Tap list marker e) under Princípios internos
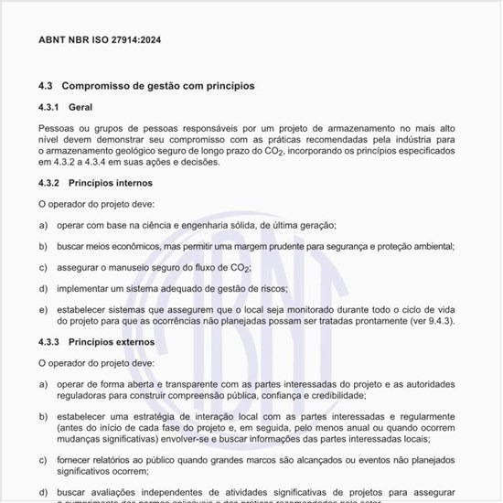click(x=43, y=310)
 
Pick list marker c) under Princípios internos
click(x=43, y=267)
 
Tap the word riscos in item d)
click(x=272, y=288)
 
